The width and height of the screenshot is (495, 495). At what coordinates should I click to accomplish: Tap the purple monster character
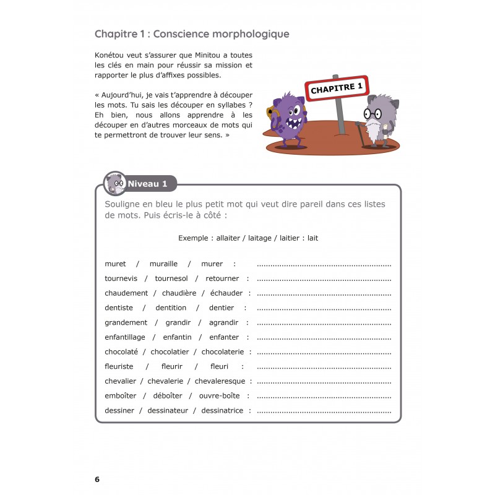(285, 119)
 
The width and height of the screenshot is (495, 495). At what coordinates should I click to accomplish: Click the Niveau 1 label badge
(147, 183)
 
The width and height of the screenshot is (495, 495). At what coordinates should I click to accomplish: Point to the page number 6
(97, 479)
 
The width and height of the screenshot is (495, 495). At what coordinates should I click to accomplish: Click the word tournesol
(171, 278)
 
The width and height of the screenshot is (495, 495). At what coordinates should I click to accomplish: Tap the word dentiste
(119, 308)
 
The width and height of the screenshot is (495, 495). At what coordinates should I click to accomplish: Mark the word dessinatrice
(222, 410)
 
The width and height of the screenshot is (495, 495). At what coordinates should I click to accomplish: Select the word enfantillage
(125, 337)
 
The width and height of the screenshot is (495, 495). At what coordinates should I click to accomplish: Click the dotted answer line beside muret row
(324, 264)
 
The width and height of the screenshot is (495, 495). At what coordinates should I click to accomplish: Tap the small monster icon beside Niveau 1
(114, 183)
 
